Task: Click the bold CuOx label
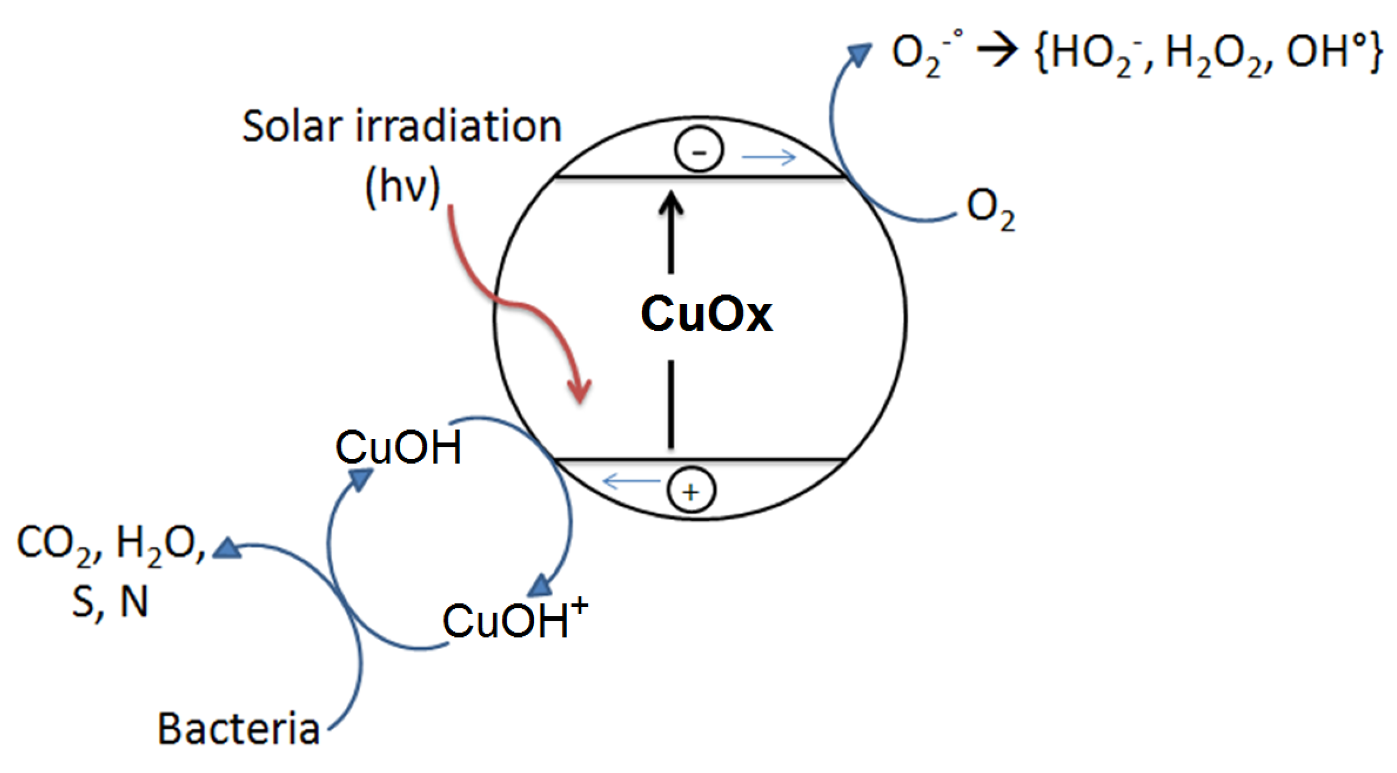707,314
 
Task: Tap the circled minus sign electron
699,149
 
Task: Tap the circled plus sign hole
691,491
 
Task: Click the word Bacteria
239,729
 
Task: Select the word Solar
292,126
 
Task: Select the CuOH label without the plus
398,447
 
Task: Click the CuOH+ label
514,620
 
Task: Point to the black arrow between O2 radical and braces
996,51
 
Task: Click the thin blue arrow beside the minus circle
769,157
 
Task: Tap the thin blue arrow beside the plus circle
631,480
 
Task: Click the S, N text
110,602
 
